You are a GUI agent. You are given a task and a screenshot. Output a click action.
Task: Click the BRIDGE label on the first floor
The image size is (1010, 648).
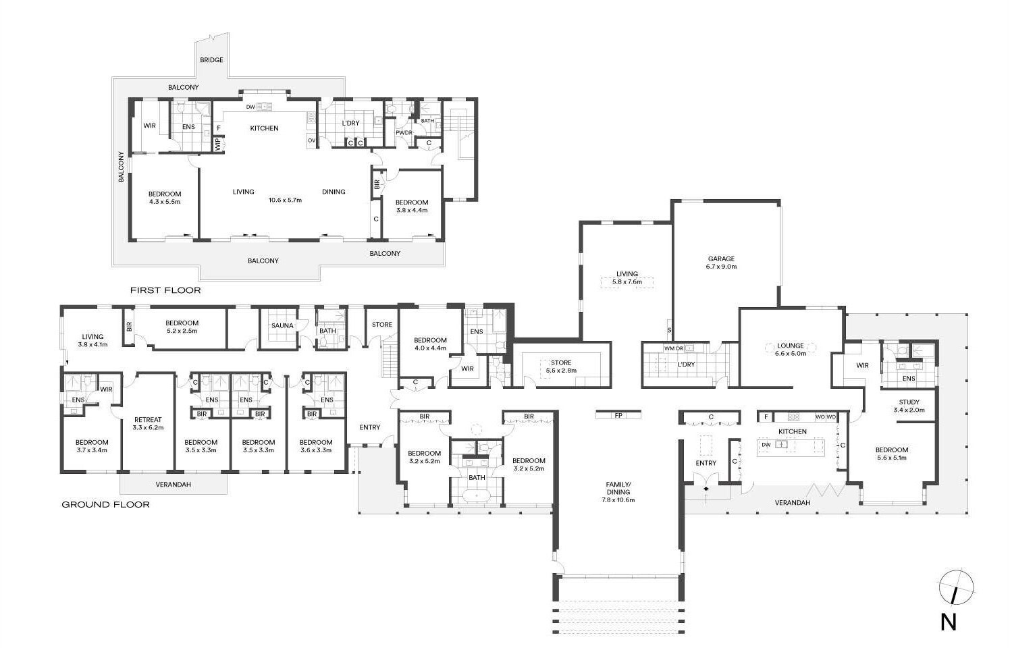click(x=211, y=60)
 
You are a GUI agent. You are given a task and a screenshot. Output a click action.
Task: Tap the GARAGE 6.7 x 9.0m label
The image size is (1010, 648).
click(x=722, y=263)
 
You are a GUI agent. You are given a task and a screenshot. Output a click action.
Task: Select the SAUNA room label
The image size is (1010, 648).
click(x=282, y=325)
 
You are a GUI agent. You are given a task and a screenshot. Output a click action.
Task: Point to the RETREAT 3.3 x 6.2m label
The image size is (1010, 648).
click(x=148, y=423)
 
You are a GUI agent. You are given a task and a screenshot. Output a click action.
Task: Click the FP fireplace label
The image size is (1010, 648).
click(x=618, y=415)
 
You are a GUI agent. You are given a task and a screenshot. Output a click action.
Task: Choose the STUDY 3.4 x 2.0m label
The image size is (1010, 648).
click(x=909, y=406)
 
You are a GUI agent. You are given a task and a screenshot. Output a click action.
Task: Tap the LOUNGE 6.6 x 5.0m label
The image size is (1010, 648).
click(x=791, y=350)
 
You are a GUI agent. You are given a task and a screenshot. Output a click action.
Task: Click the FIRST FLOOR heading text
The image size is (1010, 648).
click(x=165, y=290)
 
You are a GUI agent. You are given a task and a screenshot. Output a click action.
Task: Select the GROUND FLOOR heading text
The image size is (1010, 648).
click(x=105, y=505)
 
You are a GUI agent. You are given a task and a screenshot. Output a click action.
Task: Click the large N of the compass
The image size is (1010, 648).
click(x=949, y=622)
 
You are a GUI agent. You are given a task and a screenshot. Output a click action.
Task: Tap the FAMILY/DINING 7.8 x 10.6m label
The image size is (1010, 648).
click(x=618, y=492)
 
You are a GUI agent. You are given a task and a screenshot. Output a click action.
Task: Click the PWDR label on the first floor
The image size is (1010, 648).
click(x=404, y=133)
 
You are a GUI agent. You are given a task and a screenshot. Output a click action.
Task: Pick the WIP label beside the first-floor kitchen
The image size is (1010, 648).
click(x=218, y=144)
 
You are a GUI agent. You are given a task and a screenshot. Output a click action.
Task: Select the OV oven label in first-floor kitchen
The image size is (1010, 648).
click(x=311, y=140)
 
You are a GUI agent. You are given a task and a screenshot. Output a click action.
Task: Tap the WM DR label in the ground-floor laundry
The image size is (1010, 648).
click(x=674, y=348)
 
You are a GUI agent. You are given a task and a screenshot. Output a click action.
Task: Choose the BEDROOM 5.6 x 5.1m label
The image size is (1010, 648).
click(x=892, y=454)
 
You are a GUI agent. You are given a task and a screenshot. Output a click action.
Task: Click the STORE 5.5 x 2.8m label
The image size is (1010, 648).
click(x=561, y=367)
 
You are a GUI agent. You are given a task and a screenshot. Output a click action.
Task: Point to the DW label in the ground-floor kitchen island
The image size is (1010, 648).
click(x=766, y=445)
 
